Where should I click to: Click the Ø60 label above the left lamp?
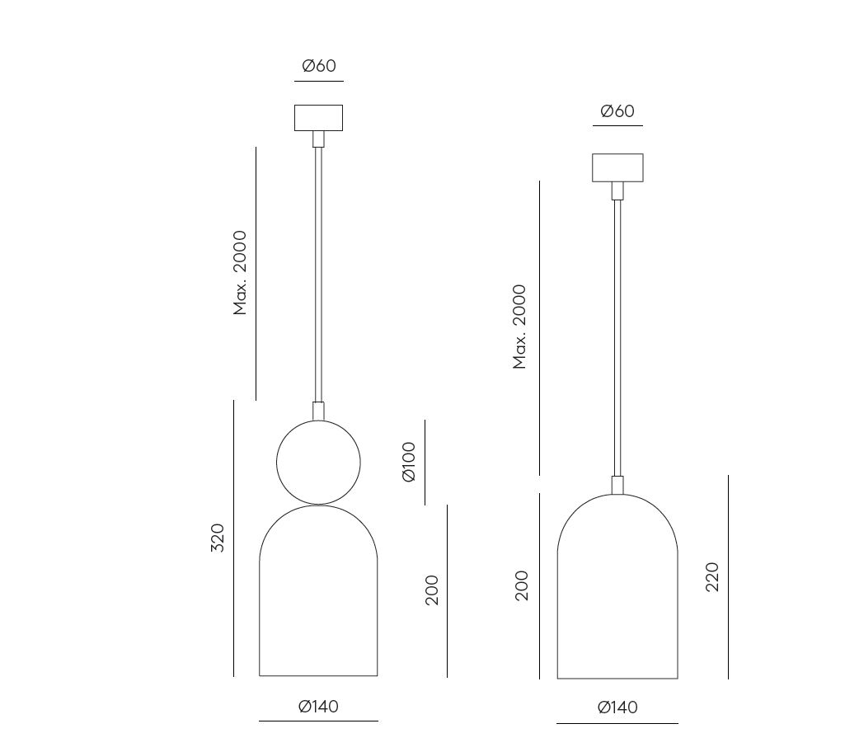point(319,66)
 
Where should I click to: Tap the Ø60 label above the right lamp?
point(617,111)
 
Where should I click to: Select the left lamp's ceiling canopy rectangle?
point(318,118)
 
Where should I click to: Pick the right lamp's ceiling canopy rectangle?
point(617,167)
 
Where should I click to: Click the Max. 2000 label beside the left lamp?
point(240,273)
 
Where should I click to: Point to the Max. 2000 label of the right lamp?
point(519,327)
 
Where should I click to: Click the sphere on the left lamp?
point(318,463)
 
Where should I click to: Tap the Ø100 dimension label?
point(409,462)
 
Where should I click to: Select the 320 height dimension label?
point(217,538)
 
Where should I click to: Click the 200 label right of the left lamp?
point(432,590)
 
